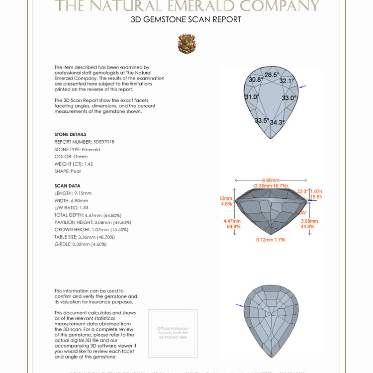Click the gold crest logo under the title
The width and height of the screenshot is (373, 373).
(186, 44)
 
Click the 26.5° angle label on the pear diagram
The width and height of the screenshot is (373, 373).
(272, 75)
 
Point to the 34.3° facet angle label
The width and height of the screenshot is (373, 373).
(278, 122)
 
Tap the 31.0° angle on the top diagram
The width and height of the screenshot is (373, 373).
(252, 97)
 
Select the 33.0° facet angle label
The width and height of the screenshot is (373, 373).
(289, 98)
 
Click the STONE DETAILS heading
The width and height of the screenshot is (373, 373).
(70, 134)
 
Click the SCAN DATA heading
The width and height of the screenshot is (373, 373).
(67, 186)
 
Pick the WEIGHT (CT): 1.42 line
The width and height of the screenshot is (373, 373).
(74, 164)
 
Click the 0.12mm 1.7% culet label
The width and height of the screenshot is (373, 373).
(271, 240)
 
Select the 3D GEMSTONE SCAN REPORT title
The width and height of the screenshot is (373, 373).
(186, 20)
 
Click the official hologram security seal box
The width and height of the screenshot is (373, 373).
(173, 333)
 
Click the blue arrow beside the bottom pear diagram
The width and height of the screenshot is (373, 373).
(240, 305)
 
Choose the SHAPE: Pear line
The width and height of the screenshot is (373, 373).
(68, 171)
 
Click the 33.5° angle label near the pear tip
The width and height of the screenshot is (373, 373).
(262, 120)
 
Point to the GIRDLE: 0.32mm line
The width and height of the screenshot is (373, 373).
(81, 244)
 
